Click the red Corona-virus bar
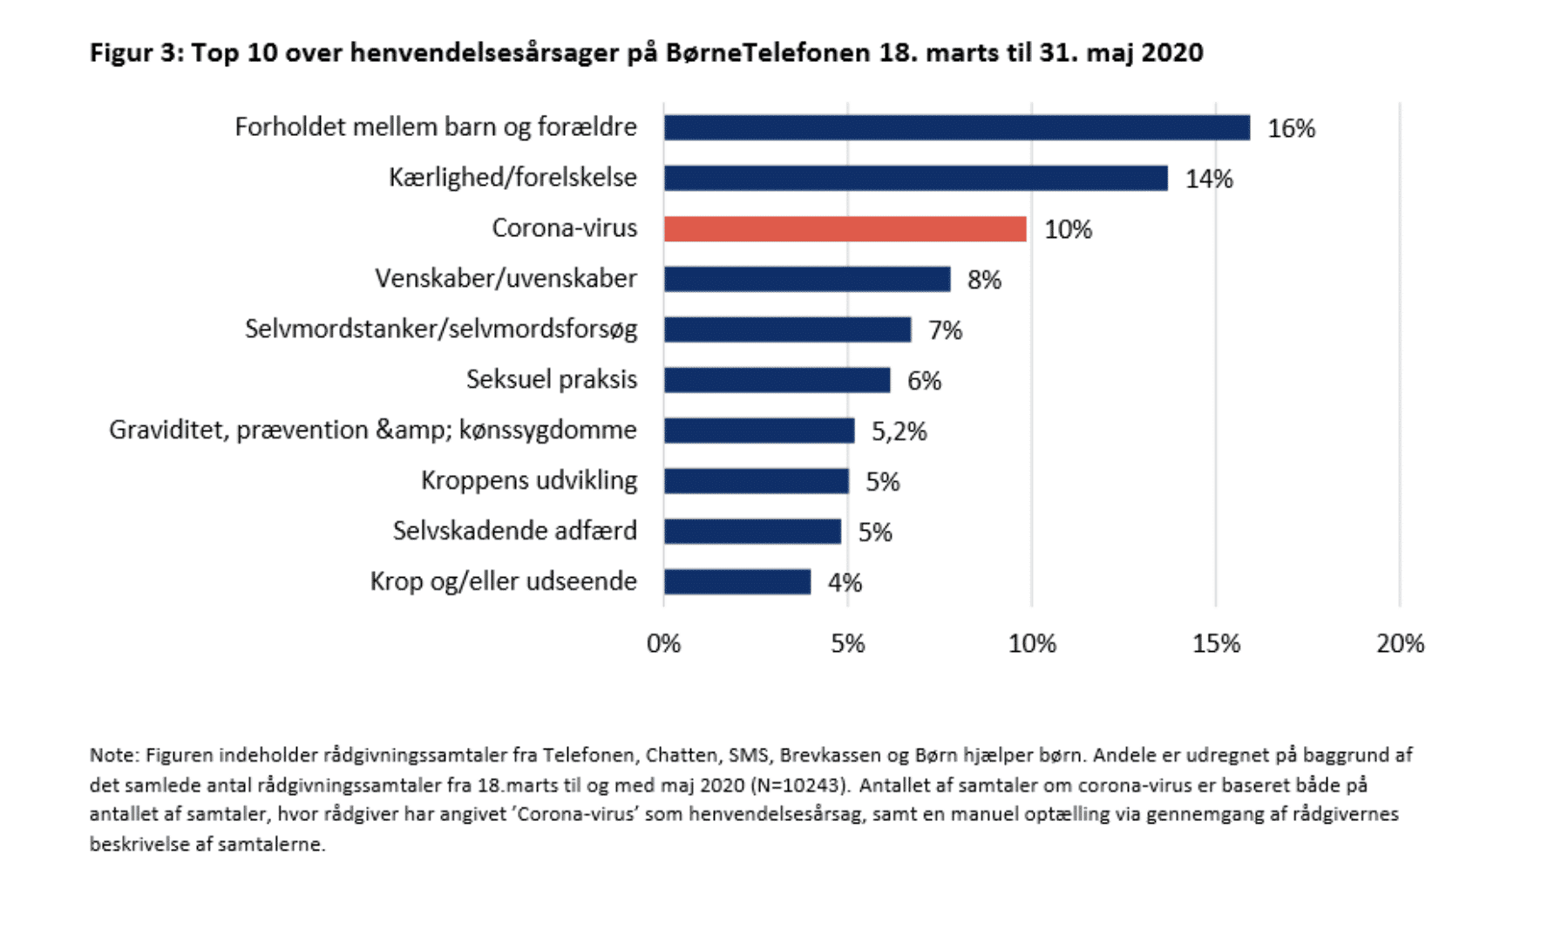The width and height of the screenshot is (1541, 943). [844, 229]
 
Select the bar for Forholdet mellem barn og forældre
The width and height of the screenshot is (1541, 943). [956, 128]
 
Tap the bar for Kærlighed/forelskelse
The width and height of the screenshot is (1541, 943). [915, 179]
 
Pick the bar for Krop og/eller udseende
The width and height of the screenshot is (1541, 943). [737, 582]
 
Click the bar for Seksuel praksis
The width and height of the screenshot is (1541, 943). [777, 380]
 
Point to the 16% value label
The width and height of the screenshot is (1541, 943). [1291, 129]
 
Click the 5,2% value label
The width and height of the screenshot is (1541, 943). [899, 431]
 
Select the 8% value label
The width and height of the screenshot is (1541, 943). [984, 280]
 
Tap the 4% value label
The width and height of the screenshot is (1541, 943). [845, 583]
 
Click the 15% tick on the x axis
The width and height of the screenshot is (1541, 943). [1216, 644]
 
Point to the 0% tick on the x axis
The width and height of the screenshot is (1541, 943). [663, 644]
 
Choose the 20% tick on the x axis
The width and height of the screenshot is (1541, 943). [1400, 644]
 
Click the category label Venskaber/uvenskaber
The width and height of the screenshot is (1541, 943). [506, 279]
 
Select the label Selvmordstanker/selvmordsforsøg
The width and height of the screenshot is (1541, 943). [441, 329]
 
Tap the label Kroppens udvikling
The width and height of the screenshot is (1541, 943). [529, 480]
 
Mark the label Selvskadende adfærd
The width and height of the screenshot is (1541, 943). [514, 531]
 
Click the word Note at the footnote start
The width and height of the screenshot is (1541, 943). [112, 756]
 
